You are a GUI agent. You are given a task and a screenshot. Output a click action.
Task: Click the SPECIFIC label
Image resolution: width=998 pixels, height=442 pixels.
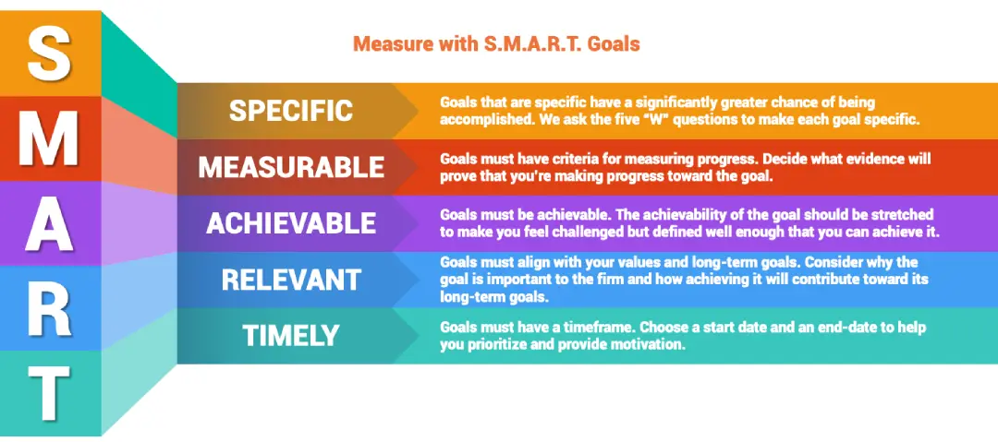tap(291, 111)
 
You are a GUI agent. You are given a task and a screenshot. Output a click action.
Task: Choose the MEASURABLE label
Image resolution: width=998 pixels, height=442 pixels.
tap(291, 167)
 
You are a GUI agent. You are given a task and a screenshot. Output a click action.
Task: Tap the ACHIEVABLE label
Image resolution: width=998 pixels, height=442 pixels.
tap(291, 223)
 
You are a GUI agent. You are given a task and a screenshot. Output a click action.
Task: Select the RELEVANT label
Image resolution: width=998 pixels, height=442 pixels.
tap(291, 279)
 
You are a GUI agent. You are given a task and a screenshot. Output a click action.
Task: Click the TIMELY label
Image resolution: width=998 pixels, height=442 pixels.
tap(291, 336)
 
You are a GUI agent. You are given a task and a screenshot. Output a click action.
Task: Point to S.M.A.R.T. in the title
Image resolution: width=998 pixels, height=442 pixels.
tap(518, 43)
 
